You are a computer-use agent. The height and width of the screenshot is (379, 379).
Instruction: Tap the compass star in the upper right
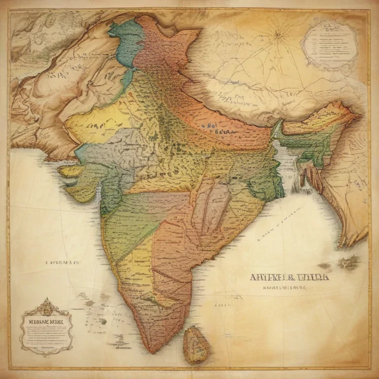278,35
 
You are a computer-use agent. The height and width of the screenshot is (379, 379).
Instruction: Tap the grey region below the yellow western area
106,148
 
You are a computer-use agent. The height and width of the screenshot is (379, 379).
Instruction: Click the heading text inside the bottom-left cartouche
46,320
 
